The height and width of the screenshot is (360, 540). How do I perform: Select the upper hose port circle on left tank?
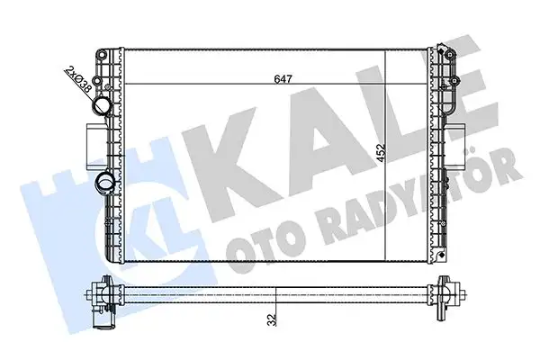coord(100,109)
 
